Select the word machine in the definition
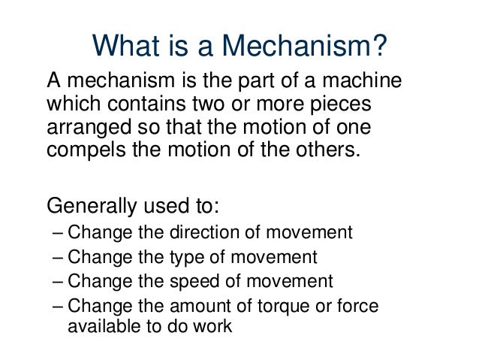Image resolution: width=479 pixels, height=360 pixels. point(362,81)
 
